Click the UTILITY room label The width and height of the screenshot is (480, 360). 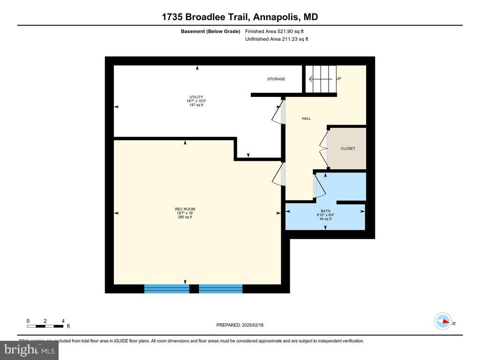195,97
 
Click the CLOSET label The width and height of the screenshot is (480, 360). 348,149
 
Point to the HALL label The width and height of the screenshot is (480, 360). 306,119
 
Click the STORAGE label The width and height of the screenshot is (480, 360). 276,79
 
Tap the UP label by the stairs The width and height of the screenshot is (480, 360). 338,79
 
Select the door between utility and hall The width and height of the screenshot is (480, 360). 278,112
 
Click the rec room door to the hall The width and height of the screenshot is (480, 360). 278,174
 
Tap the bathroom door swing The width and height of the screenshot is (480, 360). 319,186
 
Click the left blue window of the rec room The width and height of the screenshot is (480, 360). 166,289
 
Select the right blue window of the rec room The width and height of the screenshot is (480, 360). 221,289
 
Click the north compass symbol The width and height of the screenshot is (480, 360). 443,322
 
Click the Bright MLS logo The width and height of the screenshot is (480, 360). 29,350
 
